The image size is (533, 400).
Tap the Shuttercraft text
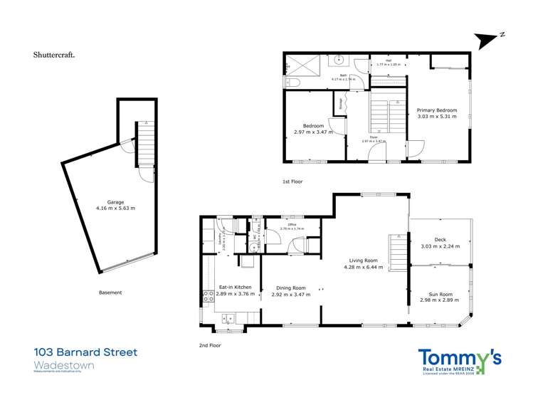(55, 54)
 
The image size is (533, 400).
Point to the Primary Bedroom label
(436, 111)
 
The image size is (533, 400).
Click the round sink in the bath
(340, 60)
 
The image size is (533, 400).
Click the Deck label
(440, 240)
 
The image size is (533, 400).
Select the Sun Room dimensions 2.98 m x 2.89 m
(440, 300)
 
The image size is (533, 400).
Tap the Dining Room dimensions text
(290, 294)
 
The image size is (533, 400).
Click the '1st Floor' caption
(292, 181)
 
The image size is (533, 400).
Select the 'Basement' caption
(110, 292)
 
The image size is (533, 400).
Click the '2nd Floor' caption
(210, 345)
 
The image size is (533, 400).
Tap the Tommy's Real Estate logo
(459, 361)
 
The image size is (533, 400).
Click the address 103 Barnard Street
(85, 352)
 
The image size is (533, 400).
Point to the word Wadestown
(63, 365)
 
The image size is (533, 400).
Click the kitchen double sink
(229, 317)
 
